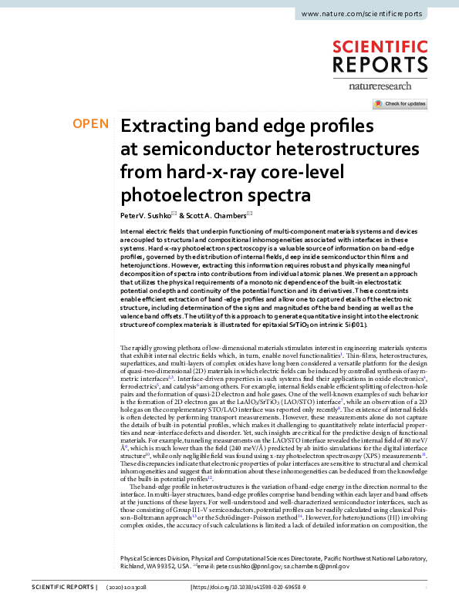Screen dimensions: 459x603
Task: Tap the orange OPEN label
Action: tap(90, 124)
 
